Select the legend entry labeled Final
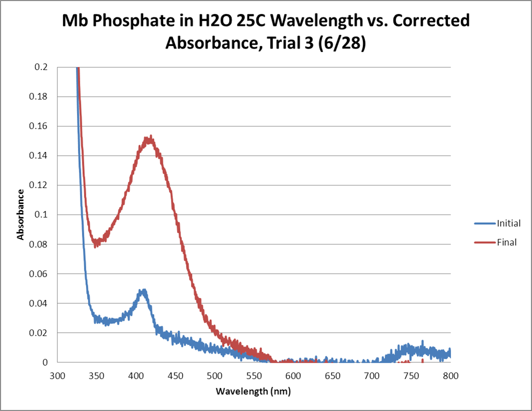point(506,243)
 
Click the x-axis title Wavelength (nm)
point(253,391)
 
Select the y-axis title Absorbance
point(21,214)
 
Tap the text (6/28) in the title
point(342,44)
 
